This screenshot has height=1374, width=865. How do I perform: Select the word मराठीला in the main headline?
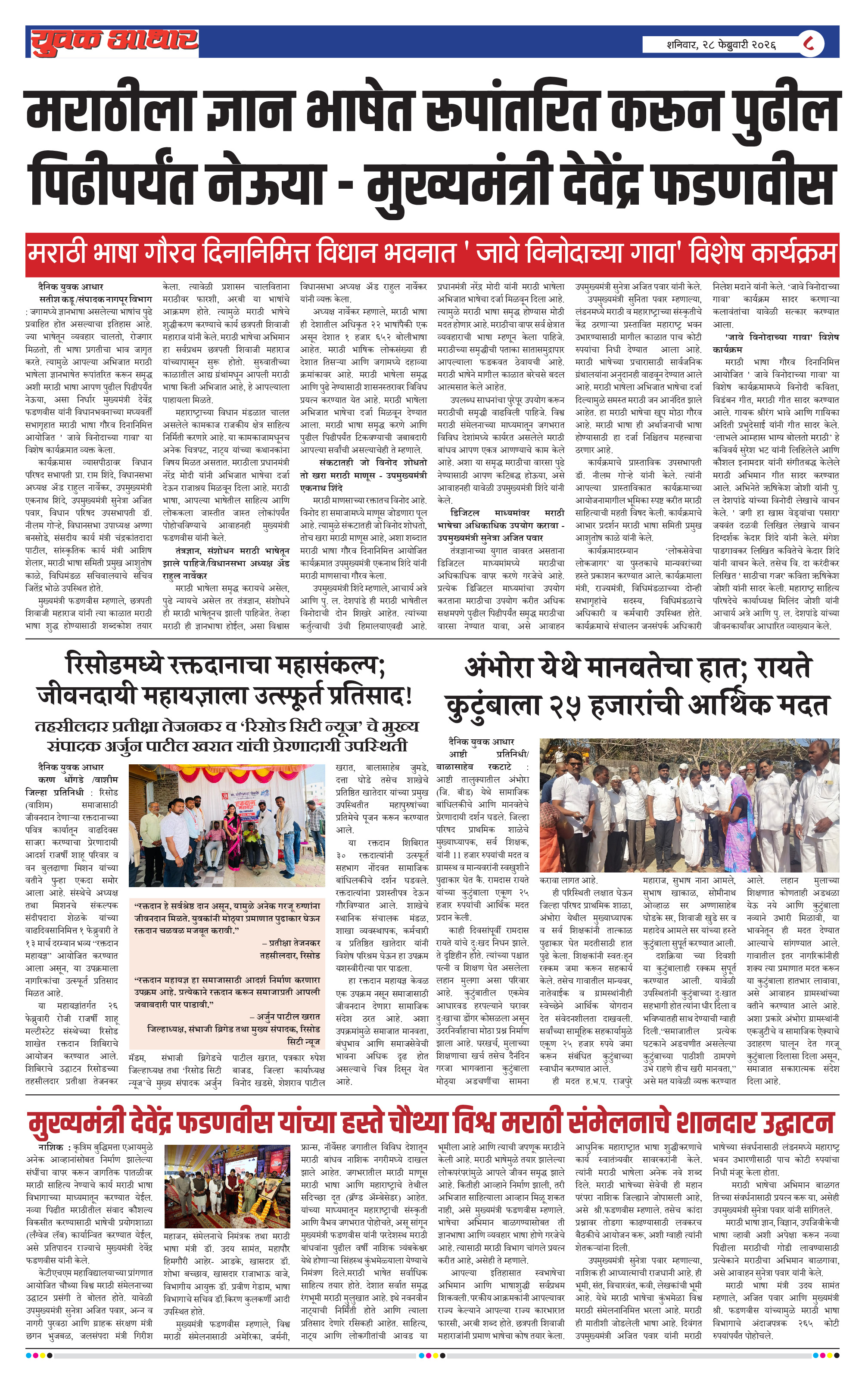(111, 111)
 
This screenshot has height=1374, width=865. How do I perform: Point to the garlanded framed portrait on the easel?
(262, 1189)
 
